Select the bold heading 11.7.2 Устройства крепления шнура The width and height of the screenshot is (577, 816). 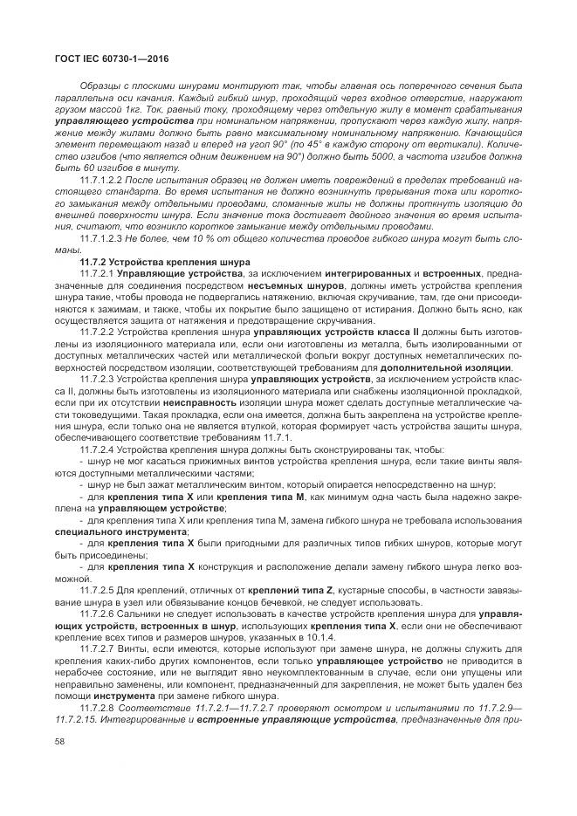point(164,263)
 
